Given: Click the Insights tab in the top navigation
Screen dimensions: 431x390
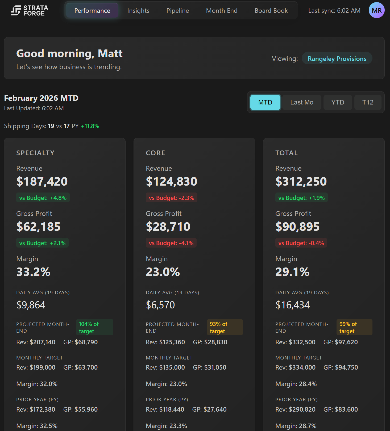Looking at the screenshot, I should click(x=138, y=11).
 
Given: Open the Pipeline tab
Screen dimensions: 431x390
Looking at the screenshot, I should click(x=177, y=11).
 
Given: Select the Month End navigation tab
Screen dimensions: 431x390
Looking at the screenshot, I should click(x=222, y=11).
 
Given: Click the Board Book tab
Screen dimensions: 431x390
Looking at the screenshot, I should click(x=271, y=11).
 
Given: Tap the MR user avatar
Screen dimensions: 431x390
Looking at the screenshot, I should click(x=376, y=10).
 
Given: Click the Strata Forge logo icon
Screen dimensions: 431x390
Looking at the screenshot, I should click(x=16, y=11).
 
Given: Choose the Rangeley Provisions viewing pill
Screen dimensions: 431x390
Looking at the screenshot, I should click(x=337, y=58).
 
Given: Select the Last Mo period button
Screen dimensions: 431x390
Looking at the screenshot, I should click(x=302, y=102).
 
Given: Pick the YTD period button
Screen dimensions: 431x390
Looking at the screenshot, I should click(x=338, y=102).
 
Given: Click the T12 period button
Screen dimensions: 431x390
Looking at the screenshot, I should click(x=368, y=102).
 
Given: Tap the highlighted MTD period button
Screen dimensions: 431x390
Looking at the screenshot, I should click(x=265, y=102).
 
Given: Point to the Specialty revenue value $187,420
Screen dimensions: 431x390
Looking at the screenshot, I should click(x=42, y=182).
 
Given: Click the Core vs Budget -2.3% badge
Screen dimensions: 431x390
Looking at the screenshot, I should click(x=172, y=198).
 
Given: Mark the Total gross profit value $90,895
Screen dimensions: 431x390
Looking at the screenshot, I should click(x=297, y=227).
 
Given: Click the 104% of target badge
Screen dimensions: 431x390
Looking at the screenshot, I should click(x=94, y=327).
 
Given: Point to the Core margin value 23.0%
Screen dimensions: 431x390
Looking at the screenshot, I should click(x=163, y=272).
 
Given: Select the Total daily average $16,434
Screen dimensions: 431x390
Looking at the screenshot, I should click(x=292, y=305).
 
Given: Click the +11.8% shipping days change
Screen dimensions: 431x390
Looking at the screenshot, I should click(x=90, y=126).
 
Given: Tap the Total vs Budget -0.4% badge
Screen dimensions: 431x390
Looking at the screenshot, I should click(x=301, y=243).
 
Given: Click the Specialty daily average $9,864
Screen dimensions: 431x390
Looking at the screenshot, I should click(x=31, y=305).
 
